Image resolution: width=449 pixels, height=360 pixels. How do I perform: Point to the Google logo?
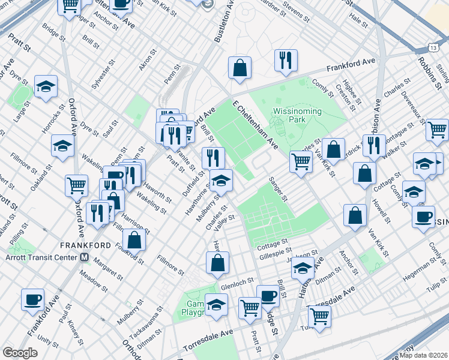(20, 353)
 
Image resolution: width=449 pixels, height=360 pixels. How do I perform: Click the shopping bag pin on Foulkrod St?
(135, 239)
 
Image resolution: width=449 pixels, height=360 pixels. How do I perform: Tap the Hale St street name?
(359, 20)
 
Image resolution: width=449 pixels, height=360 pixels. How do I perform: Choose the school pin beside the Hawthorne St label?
(221, 180)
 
